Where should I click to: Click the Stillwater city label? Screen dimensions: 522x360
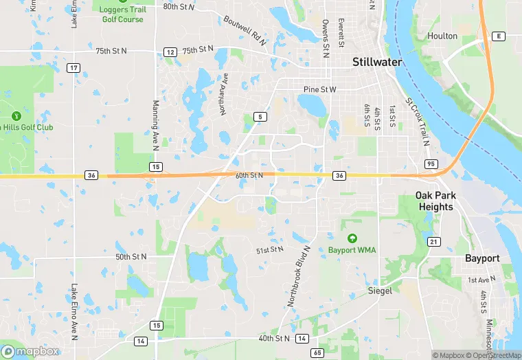click(377, 62)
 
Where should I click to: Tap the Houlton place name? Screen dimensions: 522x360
click(442, 36)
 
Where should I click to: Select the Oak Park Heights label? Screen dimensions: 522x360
click(435, 201)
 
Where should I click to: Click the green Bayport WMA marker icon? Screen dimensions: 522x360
click(352, 238)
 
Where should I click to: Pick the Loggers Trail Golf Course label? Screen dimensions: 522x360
click(121, 14)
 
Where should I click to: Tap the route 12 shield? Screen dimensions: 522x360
click(170, 52)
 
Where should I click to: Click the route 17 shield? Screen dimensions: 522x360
click(73, 68)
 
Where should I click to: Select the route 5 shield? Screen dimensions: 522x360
click(259, 117)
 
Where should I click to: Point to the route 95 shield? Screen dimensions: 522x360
click(431, 164)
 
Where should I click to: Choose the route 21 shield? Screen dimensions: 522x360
click(433, 241)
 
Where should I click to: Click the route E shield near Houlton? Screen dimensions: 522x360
click(499, 36)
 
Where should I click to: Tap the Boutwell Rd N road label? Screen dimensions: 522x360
click(244, 30)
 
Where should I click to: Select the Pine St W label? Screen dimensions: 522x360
click(320, 90)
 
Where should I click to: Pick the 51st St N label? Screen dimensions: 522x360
click(269, 249)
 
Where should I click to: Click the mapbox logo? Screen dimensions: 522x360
click(31, 351)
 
